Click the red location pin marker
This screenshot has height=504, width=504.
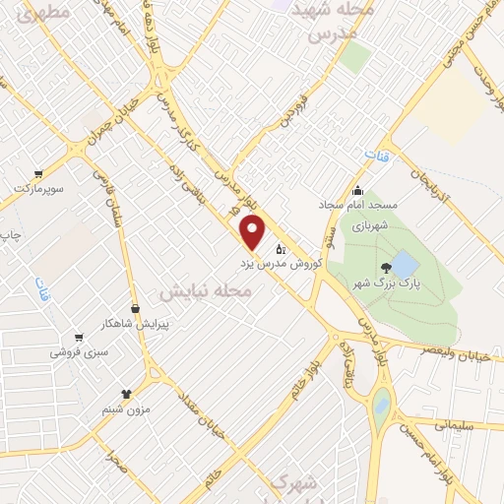(254, 233)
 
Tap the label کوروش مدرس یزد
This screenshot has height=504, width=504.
(279, 265)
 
